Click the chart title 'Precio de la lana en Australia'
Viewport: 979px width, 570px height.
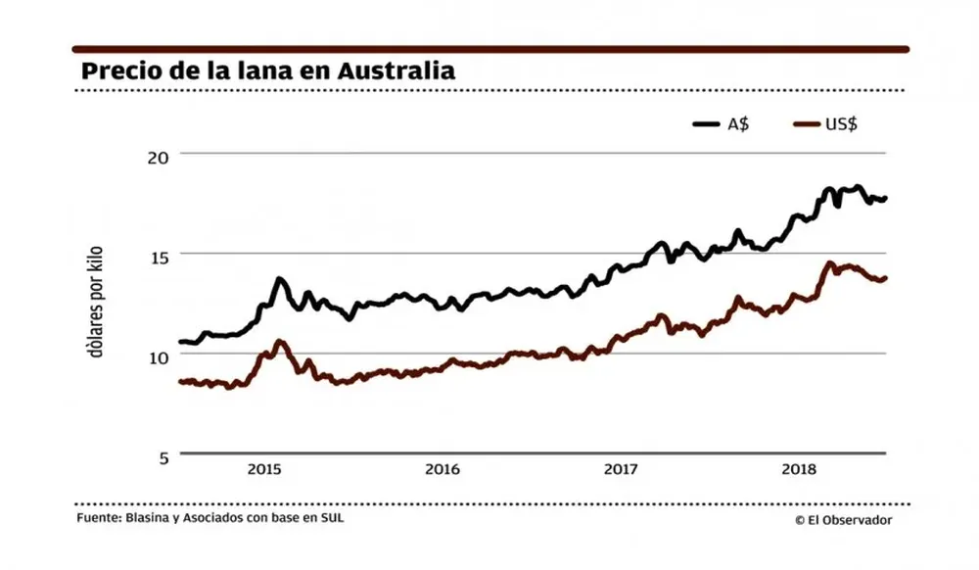click(x=267, y=71)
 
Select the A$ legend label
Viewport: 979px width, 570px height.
click(x=737, y=124)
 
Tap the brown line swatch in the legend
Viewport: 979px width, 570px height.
click(x=805, y=124)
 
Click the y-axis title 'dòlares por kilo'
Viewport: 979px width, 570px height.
click(x=98, y=304)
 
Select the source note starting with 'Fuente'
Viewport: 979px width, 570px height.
click(x=210, y=518)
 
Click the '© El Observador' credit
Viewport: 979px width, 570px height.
click(x=843, y=521)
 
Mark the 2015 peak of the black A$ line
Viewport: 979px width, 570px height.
click(x=280, y=280)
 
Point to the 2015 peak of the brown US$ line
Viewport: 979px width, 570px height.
click(x=280, y=342)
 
